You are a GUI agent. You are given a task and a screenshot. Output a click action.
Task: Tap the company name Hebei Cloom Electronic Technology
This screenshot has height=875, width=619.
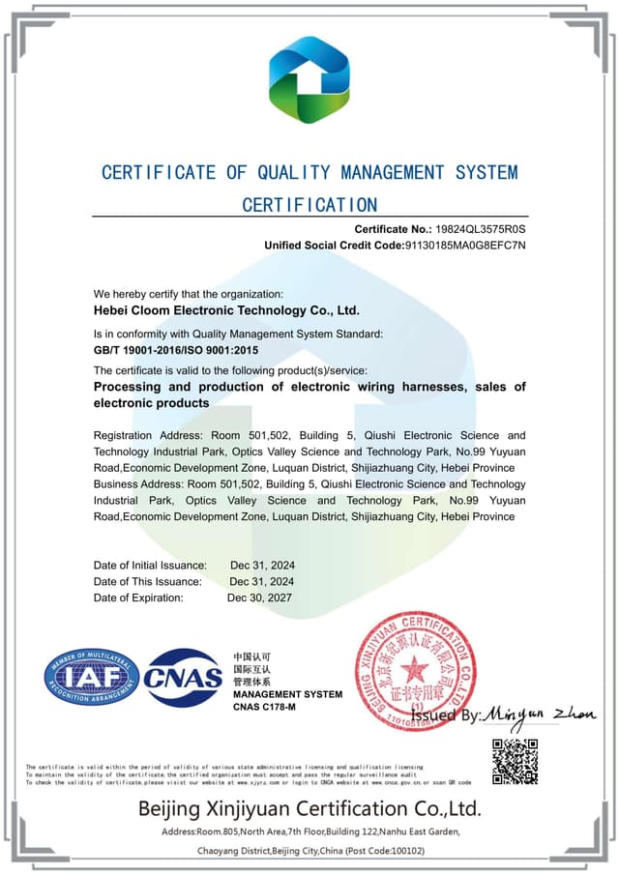[x=226, y=310]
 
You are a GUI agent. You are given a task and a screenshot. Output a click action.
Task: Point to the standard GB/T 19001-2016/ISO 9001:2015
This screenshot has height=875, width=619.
[x=176, y=350]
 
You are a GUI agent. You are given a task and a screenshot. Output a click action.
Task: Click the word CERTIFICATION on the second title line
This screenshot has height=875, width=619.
[x=309, y=204]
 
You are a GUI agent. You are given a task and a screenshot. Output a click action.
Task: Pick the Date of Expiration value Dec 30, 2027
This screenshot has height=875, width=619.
[x=259, y=598]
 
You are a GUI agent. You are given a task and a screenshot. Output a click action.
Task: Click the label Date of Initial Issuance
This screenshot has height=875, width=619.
[x=150, y=565]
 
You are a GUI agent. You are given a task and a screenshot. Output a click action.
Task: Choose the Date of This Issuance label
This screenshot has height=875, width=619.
[x=148, y=581]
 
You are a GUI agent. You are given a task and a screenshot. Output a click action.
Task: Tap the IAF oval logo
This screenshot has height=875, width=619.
[x=92, y=677]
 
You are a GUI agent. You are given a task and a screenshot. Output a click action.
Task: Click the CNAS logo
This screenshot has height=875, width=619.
[x=183, y=678]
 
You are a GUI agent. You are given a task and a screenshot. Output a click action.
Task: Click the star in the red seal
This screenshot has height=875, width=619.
[x=417, y=667]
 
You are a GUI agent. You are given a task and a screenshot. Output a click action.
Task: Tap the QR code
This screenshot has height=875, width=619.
[x=515, y=761]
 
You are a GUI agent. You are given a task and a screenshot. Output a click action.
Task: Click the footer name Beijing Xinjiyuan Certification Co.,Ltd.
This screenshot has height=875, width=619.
[x=309, y=807]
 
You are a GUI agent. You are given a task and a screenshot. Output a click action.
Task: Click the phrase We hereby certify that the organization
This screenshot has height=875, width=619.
[x=189, y=294]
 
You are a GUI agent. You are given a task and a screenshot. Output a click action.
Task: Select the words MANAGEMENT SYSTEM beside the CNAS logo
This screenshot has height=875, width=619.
[x=287, y=694]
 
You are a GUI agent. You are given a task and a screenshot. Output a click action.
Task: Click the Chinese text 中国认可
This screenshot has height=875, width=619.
[x=252, y=656]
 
